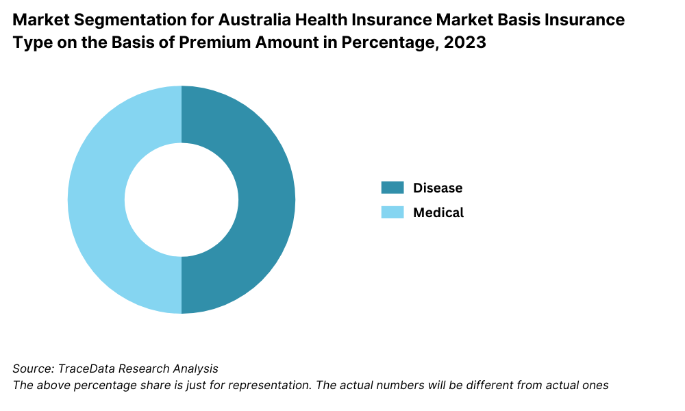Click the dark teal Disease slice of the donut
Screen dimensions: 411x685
267,199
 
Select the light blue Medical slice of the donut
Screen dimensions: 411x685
96,199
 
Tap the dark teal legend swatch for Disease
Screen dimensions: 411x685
393,188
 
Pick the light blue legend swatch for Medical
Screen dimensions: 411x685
393,212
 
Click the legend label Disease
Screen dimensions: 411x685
438,188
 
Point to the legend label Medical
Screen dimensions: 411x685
438,212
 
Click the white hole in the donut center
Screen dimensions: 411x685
182,199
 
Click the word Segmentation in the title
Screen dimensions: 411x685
127,20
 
